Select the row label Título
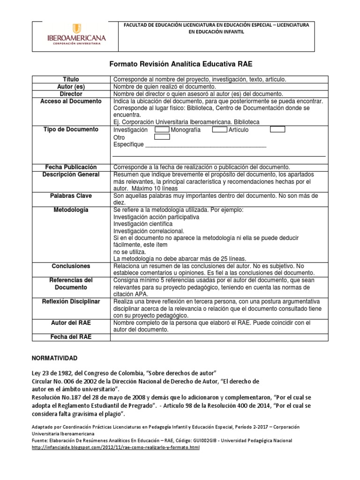coord(71,80)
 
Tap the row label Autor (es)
coord(71,87)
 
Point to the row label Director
coord(71,94)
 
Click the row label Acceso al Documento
coord(71,101)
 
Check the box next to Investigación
coord(162,129)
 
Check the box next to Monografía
coord(219,129)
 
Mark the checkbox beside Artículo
coord(277,129)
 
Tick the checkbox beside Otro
coord(162,137)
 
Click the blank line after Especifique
coord(206,145)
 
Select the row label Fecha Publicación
coord(71,167)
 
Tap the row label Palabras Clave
coord(71,195)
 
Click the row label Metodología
coord(71,210)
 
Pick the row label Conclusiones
coord(71,266)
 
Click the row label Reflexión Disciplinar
coord(71,301)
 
